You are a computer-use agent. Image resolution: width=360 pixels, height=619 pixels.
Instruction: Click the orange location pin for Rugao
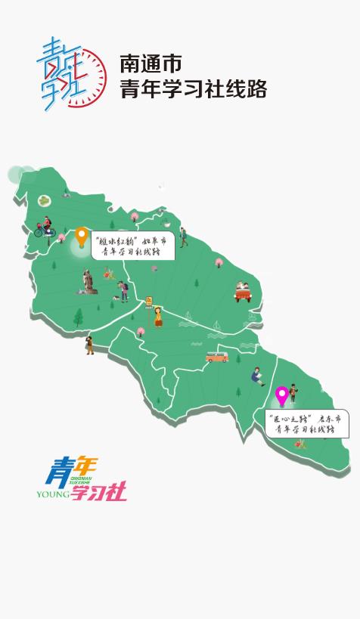(82, 237)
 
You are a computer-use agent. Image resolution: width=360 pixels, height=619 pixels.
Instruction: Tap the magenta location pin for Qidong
(282, 395)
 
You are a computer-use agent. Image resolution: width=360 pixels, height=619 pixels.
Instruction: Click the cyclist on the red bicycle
(45, 226)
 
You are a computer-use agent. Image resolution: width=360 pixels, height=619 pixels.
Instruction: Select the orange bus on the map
(217, 355)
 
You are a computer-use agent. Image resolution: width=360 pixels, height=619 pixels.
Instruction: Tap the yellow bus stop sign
(149, 302)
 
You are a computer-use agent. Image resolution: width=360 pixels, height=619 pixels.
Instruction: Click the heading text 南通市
(151, 63)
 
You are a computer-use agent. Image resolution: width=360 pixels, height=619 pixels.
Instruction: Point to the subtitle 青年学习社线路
(194, 89)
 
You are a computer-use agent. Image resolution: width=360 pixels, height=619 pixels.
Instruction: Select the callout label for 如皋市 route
(133, 245)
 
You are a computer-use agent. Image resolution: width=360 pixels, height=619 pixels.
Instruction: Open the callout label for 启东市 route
(308, 423)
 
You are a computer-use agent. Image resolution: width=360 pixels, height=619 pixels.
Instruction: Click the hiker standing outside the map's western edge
(90, 345)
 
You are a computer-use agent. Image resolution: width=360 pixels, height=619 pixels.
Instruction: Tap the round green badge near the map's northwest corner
(44, 200)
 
